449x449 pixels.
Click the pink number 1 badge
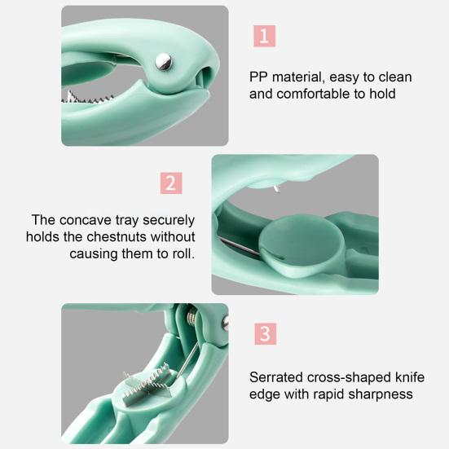(x=265, y=35)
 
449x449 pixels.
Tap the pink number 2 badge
(x=170, y=183)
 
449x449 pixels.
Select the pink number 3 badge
(x=265, y=333)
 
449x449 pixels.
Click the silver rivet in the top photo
(x=163, y=59)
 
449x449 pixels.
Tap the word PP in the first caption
(x=259, y=77)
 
